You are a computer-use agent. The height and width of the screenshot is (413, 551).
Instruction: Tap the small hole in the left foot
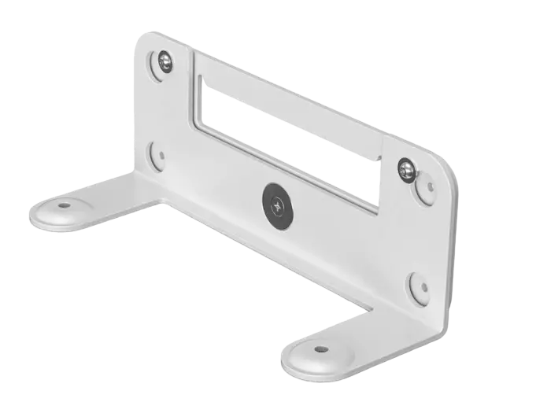64,205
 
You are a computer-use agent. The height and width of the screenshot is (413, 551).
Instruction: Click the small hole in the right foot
320,348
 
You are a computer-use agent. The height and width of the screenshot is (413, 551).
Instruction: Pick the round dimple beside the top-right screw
430,186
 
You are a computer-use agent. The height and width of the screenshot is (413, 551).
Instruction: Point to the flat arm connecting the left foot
118,194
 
